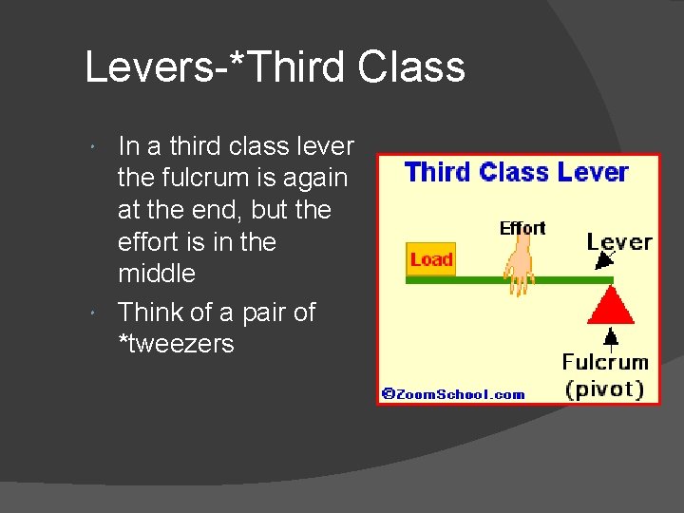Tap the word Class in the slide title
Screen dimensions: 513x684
412,67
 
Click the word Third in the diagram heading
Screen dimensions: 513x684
438,172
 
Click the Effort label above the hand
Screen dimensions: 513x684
522,228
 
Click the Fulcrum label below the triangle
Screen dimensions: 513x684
605,362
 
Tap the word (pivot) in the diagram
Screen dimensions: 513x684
605,389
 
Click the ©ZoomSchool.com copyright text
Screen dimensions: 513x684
453,394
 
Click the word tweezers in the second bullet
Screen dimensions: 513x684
181,344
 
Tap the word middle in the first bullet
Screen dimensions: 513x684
156,274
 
